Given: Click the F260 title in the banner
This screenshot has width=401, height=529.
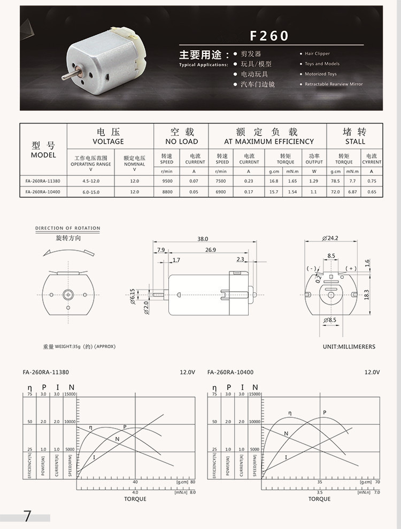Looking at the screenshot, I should [269, 36].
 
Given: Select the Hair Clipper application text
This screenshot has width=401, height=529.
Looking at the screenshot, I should [317, 54].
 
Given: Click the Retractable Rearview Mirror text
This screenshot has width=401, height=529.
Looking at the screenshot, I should [333, 84].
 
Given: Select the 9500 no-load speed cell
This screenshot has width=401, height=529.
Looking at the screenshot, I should [167, 181].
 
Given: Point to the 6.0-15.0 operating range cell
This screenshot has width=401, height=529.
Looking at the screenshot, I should [91, 191].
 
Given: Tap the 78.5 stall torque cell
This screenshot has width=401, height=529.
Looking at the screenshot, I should [335, 181].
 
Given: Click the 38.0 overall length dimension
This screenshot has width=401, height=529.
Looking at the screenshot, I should [203, 239].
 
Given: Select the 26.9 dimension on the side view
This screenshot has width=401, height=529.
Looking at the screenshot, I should [210, 250].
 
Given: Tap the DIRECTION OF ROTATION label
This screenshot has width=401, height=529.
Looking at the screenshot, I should [68, 228].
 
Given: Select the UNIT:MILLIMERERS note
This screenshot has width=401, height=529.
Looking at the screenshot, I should [349, 347].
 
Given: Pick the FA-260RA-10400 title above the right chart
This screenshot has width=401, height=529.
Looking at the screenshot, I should [230, 372].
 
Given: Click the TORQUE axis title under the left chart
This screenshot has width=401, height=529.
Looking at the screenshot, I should [135, 499].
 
